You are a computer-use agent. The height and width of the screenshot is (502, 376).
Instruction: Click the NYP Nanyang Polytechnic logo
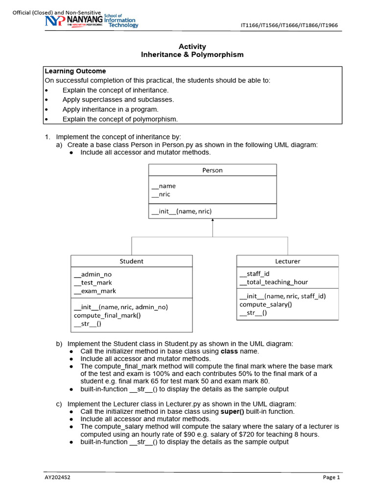(x=92, y=21)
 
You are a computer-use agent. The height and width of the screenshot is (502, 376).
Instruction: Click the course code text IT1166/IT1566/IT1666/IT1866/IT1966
(x=289, y=25)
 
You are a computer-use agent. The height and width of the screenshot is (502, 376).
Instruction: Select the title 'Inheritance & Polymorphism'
(x=192, y=55)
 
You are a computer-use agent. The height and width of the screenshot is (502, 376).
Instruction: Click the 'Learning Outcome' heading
(x=75, y=71)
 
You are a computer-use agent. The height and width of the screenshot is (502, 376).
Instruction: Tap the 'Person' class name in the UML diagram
(x=212, y=170)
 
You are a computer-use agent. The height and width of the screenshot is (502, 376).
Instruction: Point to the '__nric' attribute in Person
(x=161, y=194)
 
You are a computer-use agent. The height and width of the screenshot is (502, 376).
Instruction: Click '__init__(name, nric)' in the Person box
(x=182, y=211)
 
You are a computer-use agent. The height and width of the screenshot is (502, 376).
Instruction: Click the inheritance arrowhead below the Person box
(x=212, y=221)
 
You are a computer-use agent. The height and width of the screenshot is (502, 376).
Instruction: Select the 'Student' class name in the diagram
(x=132, y=261)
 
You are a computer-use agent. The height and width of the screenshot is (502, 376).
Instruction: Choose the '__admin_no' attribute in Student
(x=93, y=275)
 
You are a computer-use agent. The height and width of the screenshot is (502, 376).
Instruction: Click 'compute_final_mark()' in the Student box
(x=107, y=315)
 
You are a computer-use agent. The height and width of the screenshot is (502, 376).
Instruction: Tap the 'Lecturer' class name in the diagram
(x=287, y=261)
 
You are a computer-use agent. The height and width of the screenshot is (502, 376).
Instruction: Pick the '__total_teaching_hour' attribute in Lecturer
(x=274, y=282)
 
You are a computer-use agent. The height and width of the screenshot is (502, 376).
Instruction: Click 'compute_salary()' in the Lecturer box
(x=265, y=304)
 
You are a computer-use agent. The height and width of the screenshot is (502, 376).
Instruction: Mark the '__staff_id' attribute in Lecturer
(x=255, y=274)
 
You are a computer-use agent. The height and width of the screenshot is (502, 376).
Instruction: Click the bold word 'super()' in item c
(x=232, y=411)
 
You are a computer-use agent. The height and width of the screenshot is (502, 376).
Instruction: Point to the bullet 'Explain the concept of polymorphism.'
(x=120, y=119)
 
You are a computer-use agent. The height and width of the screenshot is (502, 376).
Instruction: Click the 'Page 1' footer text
(x=331, y=477)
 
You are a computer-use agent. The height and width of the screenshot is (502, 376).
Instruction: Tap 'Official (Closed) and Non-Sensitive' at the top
(x=56, y=13)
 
